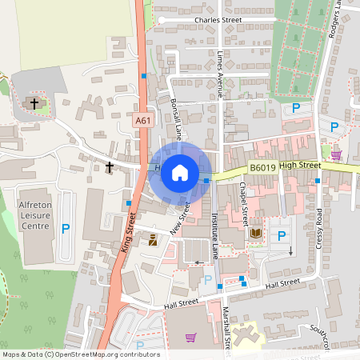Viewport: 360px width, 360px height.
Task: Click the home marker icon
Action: click(x=180, y=173)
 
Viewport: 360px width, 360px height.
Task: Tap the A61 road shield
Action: click(x=143, y=120)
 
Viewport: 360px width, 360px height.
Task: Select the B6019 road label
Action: click(x=262, y=168)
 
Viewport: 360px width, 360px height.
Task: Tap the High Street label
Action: click(x=300, y=165)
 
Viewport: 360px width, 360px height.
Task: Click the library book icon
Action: click(x=256, y=234)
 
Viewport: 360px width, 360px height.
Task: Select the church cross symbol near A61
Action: click(x=110, y=167)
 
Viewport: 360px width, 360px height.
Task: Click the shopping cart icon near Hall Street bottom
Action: click(x=190, y=338)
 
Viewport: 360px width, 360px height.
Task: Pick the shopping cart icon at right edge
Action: click(x=337, y=154)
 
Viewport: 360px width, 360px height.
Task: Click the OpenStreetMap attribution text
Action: click(x=80, y=354)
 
